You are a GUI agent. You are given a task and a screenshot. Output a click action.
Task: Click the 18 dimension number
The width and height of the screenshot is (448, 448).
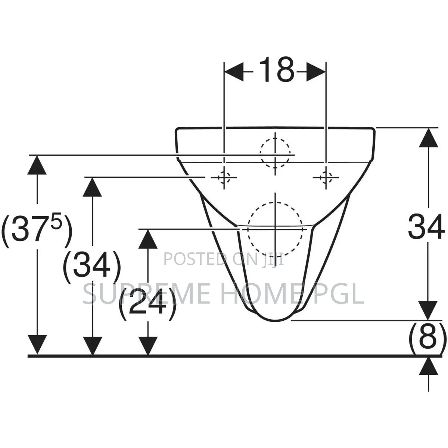pyautogui.click(x=277, y=69)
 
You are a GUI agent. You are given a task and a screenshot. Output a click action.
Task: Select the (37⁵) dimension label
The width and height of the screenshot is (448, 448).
pyautogui.click(x=37, y=230)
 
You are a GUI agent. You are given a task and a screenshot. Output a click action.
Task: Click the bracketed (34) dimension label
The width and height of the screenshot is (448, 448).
pyautogui.click(x=92, y=267)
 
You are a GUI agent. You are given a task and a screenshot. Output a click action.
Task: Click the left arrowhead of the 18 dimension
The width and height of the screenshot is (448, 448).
pyautogui.click(x=234, y=72)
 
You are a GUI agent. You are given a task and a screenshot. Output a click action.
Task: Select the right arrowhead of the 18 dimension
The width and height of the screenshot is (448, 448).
pyautogui.click(x=316, y=72)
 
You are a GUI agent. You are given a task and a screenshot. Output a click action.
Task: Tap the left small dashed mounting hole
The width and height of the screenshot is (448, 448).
pyautogui.click(x=224, y=177)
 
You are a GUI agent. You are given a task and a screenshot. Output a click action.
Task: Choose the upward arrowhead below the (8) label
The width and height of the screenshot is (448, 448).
pyautogui.click(x=429, y=367)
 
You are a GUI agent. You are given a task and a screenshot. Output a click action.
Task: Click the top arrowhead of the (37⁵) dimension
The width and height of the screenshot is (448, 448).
pyautogui.click(x=37, y=165)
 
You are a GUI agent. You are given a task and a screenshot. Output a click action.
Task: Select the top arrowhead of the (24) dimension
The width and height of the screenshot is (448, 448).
pyautogui.click(x=148, y=239)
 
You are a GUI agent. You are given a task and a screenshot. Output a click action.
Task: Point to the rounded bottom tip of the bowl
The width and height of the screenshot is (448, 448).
pyautogui.click(x=275, y=321)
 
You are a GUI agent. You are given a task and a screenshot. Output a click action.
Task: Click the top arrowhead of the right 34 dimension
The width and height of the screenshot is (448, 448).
pyautogui.click(x=429, y=138)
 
